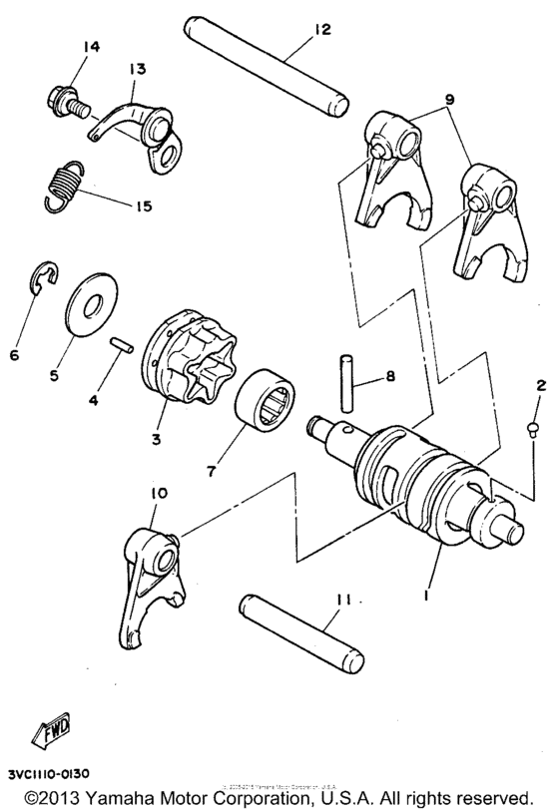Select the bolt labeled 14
(x=65, y=99)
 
